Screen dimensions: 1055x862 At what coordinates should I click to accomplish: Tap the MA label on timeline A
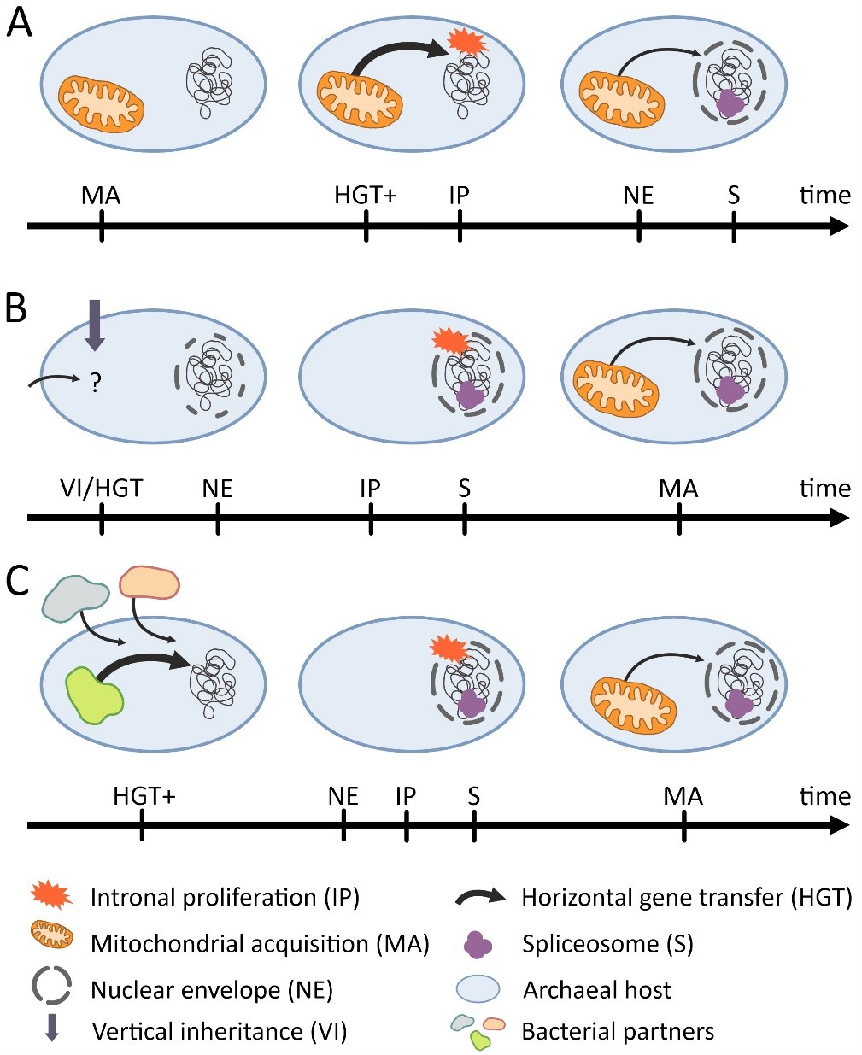101,196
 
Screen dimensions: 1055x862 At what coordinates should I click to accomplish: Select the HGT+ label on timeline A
366,196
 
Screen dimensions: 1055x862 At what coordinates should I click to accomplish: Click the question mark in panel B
96,384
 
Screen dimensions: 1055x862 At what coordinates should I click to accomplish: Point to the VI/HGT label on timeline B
102,489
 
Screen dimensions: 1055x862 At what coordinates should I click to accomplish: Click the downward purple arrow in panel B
95,325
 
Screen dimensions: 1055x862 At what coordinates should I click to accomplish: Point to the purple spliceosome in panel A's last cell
730,103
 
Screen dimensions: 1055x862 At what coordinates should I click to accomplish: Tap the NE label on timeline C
343,796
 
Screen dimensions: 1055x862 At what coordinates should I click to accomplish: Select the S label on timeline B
464,489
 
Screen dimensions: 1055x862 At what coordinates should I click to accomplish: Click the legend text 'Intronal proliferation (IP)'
225,897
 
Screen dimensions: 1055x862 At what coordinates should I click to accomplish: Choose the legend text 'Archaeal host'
596,990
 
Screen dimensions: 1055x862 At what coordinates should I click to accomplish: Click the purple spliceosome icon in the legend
478,945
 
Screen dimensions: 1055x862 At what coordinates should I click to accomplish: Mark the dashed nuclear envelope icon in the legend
53,988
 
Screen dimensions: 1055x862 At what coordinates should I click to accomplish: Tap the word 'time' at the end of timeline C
824,796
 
